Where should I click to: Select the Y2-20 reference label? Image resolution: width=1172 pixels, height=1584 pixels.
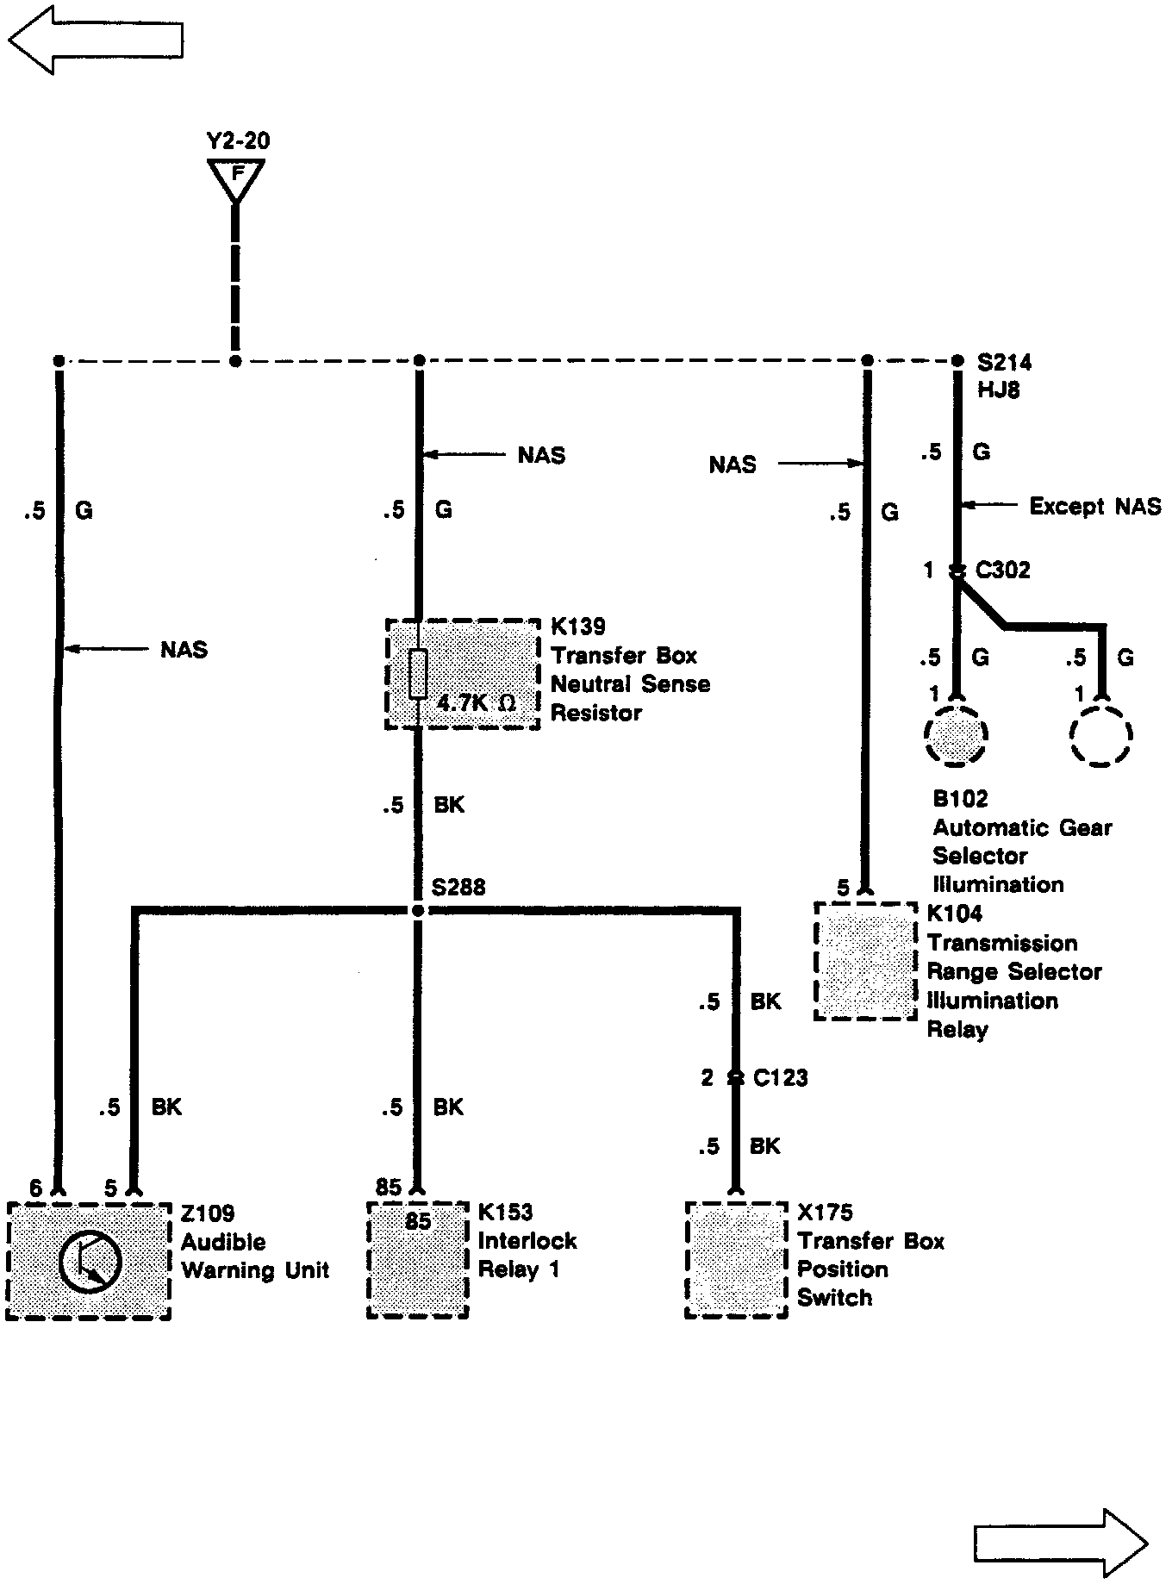coord(238,140)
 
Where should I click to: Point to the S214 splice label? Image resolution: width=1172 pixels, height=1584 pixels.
coord(1004,363)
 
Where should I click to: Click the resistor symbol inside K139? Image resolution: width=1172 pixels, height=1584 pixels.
coord(418,674)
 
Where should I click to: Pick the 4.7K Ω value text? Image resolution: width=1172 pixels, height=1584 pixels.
coord(476,702)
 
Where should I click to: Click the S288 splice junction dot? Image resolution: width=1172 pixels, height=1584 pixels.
coord(418,911)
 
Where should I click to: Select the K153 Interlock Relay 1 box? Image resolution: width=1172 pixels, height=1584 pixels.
coord(418,1259)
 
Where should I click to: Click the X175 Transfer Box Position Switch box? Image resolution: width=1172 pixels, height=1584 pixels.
coord(736,1259)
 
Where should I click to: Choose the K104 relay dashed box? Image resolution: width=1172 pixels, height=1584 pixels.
coord(865,961)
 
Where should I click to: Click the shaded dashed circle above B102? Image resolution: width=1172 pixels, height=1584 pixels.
coord(955,735)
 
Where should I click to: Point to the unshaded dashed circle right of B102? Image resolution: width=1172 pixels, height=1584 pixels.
coord(1100,735)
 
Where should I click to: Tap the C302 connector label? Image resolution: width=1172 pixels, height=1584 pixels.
coord(1002,571)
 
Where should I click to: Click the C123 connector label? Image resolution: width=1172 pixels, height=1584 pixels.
coord(780,1078)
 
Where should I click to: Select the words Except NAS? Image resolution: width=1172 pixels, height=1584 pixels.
coord(1094,506)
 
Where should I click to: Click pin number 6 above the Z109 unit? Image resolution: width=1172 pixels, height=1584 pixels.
coord(35,1188)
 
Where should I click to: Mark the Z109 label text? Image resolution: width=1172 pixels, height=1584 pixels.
coord(208,1213)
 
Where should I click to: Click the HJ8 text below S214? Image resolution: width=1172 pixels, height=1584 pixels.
coord(998,390)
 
